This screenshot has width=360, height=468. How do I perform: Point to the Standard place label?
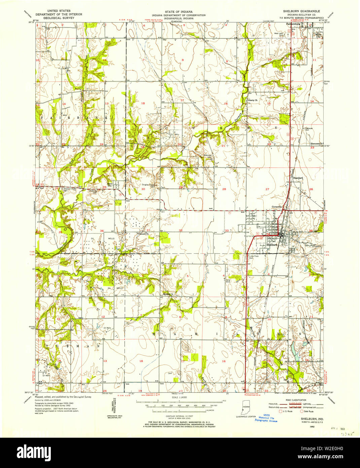coord(298,177)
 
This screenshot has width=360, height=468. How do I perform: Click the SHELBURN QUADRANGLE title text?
coord(299,11)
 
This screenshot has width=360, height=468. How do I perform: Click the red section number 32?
coord(181,230)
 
